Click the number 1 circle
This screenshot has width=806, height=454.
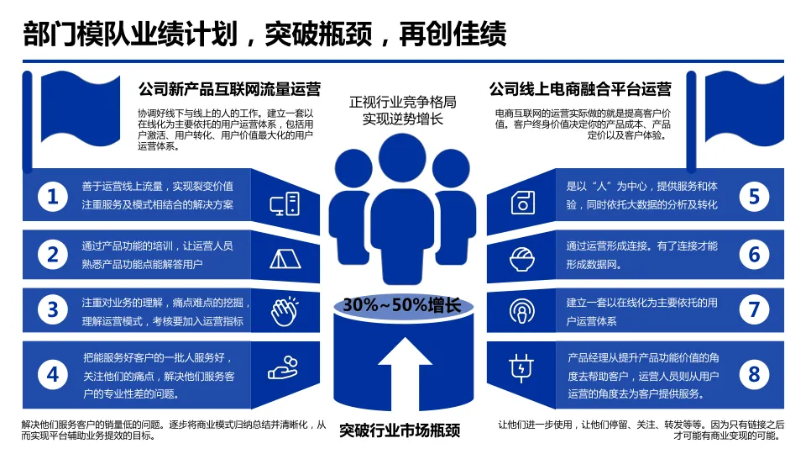[x=53, y=197]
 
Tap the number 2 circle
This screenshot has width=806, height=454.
[x=53, y=254]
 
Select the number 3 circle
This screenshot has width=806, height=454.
[x=53, y=309]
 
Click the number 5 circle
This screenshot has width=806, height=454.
[x=754, y=197]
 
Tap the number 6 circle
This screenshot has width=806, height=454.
[x=754, y=254]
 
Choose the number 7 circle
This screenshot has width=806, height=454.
[x=754, y=309]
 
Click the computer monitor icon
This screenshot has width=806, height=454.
[x=284, y=203]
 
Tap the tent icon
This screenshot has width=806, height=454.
[x=284, y=257]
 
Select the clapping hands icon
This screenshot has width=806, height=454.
[x=284, y=312]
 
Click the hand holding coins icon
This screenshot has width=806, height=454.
[x=284, y=367]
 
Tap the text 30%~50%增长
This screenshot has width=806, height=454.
[x=402, y=304]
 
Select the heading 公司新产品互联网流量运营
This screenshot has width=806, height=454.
[x=228, y=89]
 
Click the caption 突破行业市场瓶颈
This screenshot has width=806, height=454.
[x=400, y=431]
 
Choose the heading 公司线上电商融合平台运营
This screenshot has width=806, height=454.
[x=580, y=89]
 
